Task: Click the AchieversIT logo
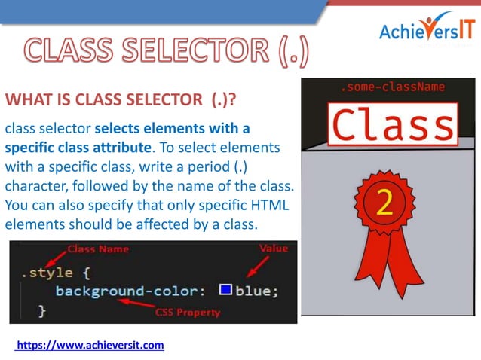tap(427, 29)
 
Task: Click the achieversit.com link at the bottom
tap(90, 345)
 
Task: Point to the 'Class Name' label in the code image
tap(98, 249)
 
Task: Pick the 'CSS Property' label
tap(187, 312)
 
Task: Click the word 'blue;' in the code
tap(256, 291)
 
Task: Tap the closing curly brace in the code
tap(41, 310)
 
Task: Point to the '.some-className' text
tap(390, 88)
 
